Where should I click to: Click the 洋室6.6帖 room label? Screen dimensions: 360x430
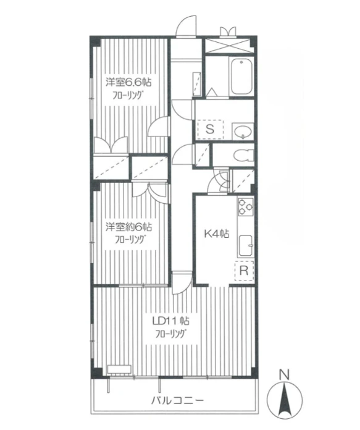click(x=129, y=83)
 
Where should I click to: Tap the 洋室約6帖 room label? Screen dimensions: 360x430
click(x=129, y=227)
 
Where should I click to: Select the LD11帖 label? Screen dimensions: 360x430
click(x=172, y=321)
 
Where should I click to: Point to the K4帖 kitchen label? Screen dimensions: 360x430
click(x=217, y=234)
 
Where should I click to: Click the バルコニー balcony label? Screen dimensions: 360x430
click(x=178, y=401)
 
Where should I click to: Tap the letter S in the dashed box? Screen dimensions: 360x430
click(x=210, y=129)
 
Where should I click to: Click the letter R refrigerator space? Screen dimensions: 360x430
click(x=244, y=271)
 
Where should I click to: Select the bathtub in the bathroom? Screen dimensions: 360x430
click(x=241, y=77)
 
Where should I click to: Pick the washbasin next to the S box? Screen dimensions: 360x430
click(x=243, y=131)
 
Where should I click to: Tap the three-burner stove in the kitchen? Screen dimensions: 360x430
click(x=245, y=206)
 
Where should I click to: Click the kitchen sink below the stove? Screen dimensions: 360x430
click(x=246, y=246)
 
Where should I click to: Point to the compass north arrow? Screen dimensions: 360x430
click(x=285, y=398)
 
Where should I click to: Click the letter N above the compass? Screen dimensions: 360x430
click(x=285, y=375)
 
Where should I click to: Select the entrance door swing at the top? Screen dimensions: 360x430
click(x=186, y=27)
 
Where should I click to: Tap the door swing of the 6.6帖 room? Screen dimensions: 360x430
click(x=159, y=126)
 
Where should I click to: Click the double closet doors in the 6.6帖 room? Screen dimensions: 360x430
click(x=111, y=145)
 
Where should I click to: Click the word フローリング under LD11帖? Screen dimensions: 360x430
click(x=172, y=334)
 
